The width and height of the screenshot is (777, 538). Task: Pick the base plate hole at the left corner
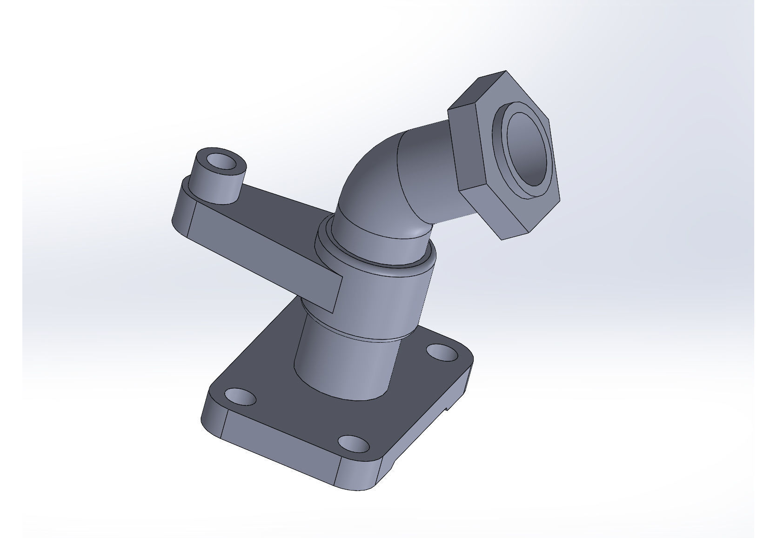tap(241, 397)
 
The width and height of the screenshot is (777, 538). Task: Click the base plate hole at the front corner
tap(353, 444)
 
